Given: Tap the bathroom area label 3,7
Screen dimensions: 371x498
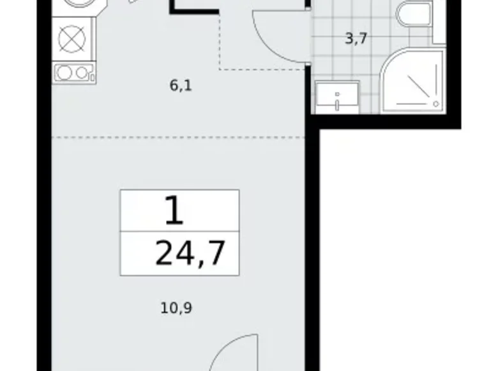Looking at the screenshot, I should (356, 38).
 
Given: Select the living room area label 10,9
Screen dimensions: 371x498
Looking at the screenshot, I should (176, 308).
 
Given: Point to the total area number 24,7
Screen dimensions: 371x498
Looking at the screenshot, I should (190, 254).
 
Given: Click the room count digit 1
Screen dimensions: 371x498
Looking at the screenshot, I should (174, 212).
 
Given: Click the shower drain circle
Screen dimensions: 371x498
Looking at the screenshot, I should (436, 104).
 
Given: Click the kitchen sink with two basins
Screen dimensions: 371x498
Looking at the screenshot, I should (73, 72).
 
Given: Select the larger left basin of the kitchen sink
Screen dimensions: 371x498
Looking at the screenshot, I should (64, 72).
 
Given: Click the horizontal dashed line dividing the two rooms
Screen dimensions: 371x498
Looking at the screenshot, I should (179, 137).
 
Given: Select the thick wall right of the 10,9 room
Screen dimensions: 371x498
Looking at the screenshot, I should (312, 256).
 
